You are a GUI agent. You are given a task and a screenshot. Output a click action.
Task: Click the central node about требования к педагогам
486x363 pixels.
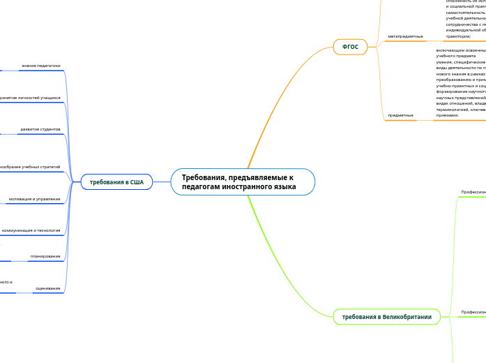(x=243, y=182)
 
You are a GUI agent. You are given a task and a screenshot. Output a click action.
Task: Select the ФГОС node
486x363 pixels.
(x=350, y=47)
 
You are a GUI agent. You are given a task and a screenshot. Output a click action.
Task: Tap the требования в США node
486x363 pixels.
(x=116, y=182)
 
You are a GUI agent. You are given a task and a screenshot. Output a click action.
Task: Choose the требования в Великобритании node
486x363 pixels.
(x=386, y=317)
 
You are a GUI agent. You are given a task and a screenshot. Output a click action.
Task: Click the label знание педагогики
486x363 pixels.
(x=40, y=66)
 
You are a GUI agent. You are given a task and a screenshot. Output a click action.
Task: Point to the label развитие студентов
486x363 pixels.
(x=40, y=129)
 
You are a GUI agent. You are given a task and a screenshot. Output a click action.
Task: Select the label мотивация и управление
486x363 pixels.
(x=34, y=199)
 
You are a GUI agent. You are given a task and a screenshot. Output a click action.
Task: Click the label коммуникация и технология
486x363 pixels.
(x=31, y=230)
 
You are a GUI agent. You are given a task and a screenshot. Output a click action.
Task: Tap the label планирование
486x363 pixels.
(x=45, y=256)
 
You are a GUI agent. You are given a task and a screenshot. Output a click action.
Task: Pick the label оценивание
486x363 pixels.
(x=47, y=288)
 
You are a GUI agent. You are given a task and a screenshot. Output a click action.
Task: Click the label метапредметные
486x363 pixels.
(x=405, y=36)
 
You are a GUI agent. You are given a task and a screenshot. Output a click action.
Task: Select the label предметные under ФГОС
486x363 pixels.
(x=400, y=114)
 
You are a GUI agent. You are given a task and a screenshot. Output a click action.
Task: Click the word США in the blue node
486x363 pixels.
(x=136, y=182)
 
